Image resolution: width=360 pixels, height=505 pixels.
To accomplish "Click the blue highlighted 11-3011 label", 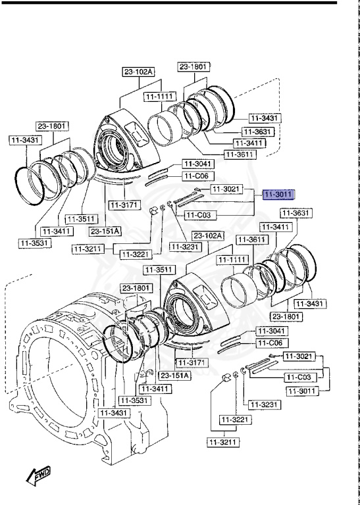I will click(278, 195).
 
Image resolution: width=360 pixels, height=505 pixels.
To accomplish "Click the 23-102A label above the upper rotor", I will click(138, 72).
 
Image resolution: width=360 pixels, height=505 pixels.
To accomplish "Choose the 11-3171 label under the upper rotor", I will click(124, 206).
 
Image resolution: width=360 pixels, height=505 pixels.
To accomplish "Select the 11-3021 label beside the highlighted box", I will click(226, 189).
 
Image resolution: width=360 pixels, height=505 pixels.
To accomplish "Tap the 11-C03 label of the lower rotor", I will click(299, 377).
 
